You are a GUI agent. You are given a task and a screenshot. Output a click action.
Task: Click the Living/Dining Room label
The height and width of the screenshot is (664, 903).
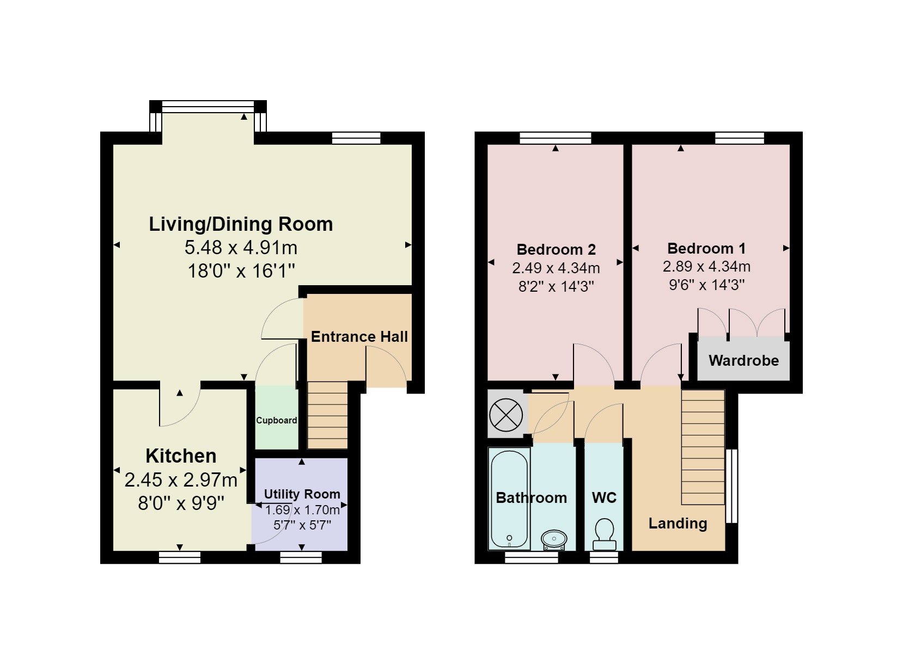[x=241, y=224]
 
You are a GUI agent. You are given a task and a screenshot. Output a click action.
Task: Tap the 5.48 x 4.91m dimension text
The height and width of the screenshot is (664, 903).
[x=241, y=248]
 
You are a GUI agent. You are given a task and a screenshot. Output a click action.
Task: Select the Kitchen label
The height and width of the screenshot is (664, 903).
[x=181, y=456]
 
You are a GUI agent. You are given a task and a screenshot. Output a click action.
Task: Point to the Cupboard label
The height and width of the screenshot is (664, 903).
[x=277, y=420]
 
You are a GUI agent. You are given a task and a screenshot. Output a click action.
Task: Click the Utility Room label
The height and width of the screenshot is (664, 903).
[x=302, y=494]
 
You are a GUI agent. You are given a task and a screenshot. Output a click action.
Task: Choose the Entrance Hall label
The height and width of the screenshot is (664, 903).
[x=359, y=337]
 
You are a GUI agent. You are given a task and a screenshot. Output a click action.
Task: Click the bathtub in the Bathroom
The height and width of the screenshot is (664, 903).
[x=509, y=498]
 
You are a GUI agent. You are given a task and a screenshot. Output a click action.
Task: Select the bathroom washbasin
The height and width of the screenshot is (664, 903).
[x=554, y=539]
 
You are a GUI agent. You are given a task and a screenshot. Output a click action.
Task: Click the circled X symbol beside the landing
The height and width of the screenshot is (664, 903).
[x=506, y=416]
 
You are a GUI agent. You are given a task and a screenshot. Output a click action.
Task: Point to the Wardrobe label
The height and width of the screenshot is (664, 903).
[x=743, y=360]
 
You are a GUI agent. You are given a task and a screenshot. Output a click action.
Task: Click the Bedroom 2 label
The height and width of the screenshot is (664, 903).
[x=556, y=250]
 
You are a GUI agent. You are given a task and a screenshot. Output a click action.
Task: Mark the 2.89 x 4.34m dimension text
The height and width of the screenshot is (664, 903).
[x=706, y=267]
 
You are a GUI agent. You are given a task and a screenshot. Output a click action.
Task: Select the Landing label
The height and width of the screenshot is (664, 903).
[x=678, y=524]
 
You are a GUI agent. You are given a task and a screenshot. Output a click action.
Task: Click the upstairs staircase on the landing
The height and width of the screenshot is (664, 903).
[x=703, y=447]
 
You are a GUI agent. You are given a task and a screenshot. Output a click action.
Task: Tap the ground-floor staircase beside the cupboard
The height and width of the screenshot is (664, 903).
[x=327, y=415]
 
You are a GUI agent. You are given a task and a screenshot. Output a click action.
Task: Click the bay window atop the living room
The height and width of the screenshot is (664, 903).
[x=208, y=107]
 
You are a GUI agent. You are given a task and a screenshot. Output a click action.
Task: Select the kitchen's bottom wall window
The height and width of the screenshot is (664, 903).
[x=180, y=557]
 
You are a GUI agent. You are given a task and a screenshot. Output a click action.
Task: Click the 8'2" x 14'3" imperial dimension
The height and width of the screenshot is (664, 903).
[x=556, y=286]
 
